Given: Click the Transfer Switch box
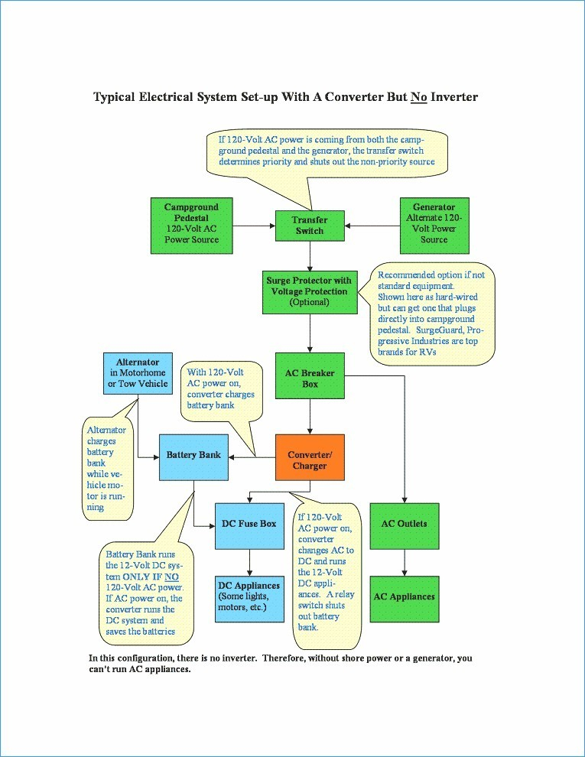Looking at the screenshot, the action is [310, 226].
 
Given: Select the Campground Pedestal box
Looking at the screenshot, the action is [192, 226].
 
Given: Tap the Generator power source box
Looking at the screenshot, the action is [434, 226].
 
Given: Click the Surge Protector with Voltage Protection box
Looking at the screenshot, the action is [310, 292].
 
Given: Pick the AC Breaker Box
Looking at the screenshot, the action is [310, 375].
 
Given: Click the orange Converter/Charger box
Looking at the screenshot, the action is [310, 457].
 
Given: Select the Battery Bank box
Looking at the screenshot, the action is [193, 457].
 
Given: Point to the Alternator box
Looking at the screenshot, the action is [138, 373].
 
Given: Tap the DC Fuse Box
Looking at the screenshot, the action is [249, 526].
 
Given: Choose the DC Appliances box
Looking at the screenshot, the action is [249, 599].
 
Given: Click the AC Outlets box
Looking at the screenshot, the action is [405, 526].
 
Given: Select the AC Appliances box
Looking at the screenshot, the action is [405, 599].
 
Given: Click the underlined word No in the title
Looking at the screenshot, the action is [418, 97].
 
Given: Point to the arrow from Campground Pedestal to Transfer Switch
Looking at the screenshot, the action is [254, 226].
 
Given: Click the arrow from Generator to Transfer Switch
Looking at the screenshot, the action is [372, 226].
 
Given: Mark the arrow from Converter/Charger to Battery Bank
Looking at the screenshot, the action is [252, 457].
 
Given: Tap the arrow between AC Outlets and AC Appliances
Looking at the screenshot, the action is [405, 563].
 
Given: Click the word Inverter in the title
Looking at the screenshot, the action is [453, 97].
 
